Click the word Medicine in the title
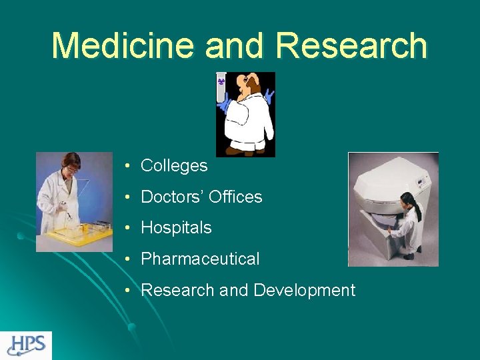click(x=124, y=45)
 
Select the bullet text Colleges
click(x=174, y=166)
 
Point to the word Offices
click(x=235, y=197)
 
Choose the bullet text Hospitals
click(x=176, y=228)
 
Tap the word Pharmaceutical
click(x=200, y=259)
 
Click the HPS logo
click(x=26, y=345)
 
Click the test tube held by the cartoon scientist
click(x=221, y=87)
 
